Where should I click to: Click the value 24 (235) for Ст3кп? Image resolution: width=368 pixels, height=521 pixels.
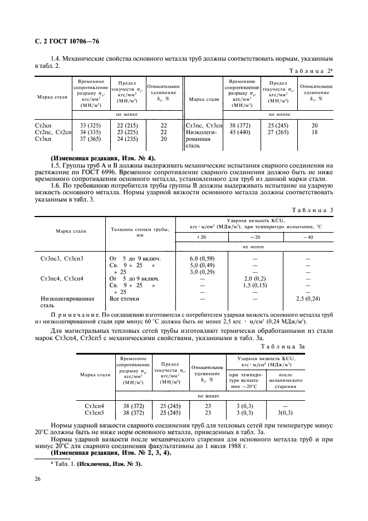pyautogui.click(x=127, y=139)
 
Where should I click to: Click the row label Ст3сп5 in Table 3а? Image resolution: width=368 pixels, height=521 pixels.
pyautogui.click(x=96, y=414)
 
